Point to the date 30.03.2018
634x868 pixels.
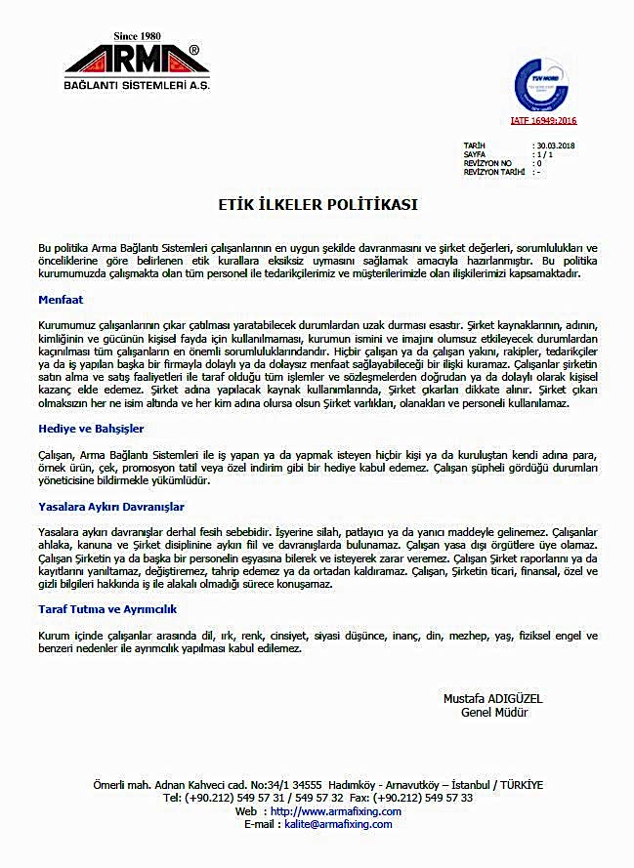point(555,145)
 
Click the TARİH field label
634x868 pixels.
point(475,145)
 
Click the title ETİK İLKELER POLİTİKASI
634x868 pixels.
point(317,204)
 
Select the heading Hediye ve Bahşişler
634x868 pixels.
point(92,429)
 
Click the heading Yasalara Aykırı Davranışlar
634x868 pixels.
point(110,507)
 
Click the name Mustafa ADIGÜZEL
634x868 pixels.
point(492,699)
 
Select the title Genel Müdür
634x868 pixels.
point(494,713)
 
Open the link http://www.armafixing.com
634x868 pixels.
point(336,811)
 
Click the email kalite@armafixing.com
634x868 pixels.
point(338,824)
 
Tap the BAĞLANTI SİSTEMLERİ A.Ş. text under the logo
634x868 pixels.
point(138,87)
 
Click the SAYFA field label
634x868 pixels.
point(476,153)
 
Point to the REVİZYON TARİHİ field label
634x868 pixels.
point(493,171)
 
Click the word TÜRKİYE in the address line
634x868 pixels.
point(519,785)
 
